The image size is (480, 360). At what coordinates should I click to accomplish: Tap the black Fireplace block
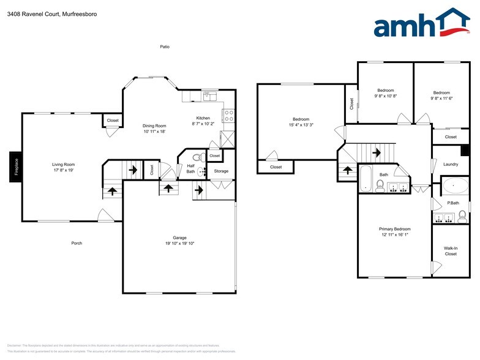point(17,167)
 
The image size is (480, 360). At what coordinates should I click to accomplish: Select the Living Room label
point(63,164)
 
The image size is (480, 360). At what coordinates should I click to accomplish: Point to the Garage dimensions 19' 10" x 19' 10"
point(179,243)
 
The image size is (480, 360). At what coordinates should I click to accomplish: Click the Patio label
point(165,47)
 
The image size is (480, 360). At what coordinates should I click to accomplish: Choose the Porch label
point(77,243)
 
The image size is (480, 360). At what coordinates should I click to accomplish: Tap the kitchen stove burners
point(227,114)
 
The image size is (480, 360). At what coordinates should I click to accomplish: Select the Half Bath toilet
point(197,157)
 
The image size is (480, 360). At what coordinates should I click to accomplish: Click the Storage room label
point(221,171)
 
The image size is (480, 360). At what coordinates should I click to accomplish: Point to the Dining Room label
point(155,126)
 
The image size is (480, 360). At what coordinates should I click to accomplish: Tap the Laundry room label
point(451,164)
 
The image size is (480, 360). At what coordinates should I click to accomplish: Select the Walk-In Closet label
point(451,251)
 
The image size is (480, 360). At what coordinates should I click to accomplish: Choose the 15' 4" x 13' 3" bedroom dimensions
point(301,125)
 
